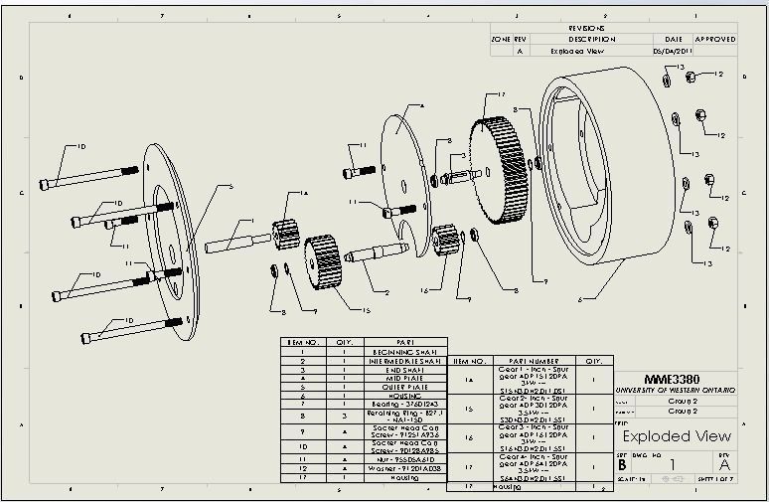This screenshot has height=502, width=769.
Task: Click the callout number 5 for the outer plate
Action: [231, 186]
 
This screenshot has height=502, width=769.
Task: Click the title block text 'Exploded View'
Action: [676, 436]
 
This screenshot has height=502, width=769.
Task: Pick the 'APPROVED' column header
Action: [714, 39]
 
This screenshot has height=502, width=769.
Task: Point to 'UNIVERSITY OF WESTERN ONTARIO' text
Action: [676, 391]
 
